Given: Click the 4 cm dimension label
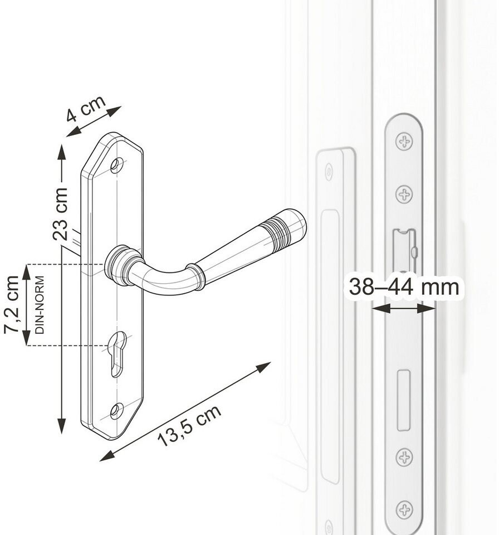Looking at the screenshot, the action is pos(86,109).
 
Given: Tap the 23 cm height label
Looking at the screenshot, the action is pos(60,213).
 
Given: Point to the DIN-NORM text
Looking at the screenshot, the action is pos(40,305).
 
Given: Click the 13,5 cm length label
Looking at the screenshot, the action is pos(190,426).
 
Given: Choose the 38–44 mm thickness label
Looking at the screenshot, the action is pos(404,286).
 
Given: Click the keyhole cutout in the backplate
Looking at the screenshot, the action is pos(119,353).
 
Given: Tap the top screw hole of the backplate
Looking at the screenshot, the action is pos(116,165).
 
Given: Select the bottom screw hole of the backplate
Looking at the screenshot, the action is pos(116,411).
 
